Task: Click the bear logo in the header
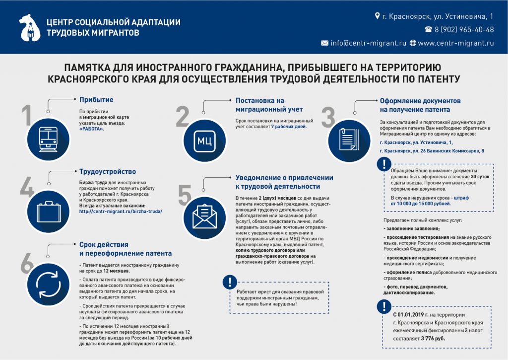click(x=29, y=28)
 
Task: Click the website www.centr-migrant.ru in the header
click(x=456, y=43)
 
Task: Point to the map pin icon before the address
click(x=377, y=16)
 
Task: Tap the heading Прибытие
click(x=96, y=100)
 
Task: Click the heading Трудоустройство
click(x=108, y=172)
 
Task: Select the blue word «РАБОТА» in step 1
click(x=92, y=129)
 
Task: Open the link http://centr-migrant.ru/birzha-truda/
click(x=121, y=211)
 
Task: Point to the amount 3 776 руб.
click(x=433, y=338)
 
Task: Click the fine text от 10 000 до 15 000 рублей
click(x=421, y=204)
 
